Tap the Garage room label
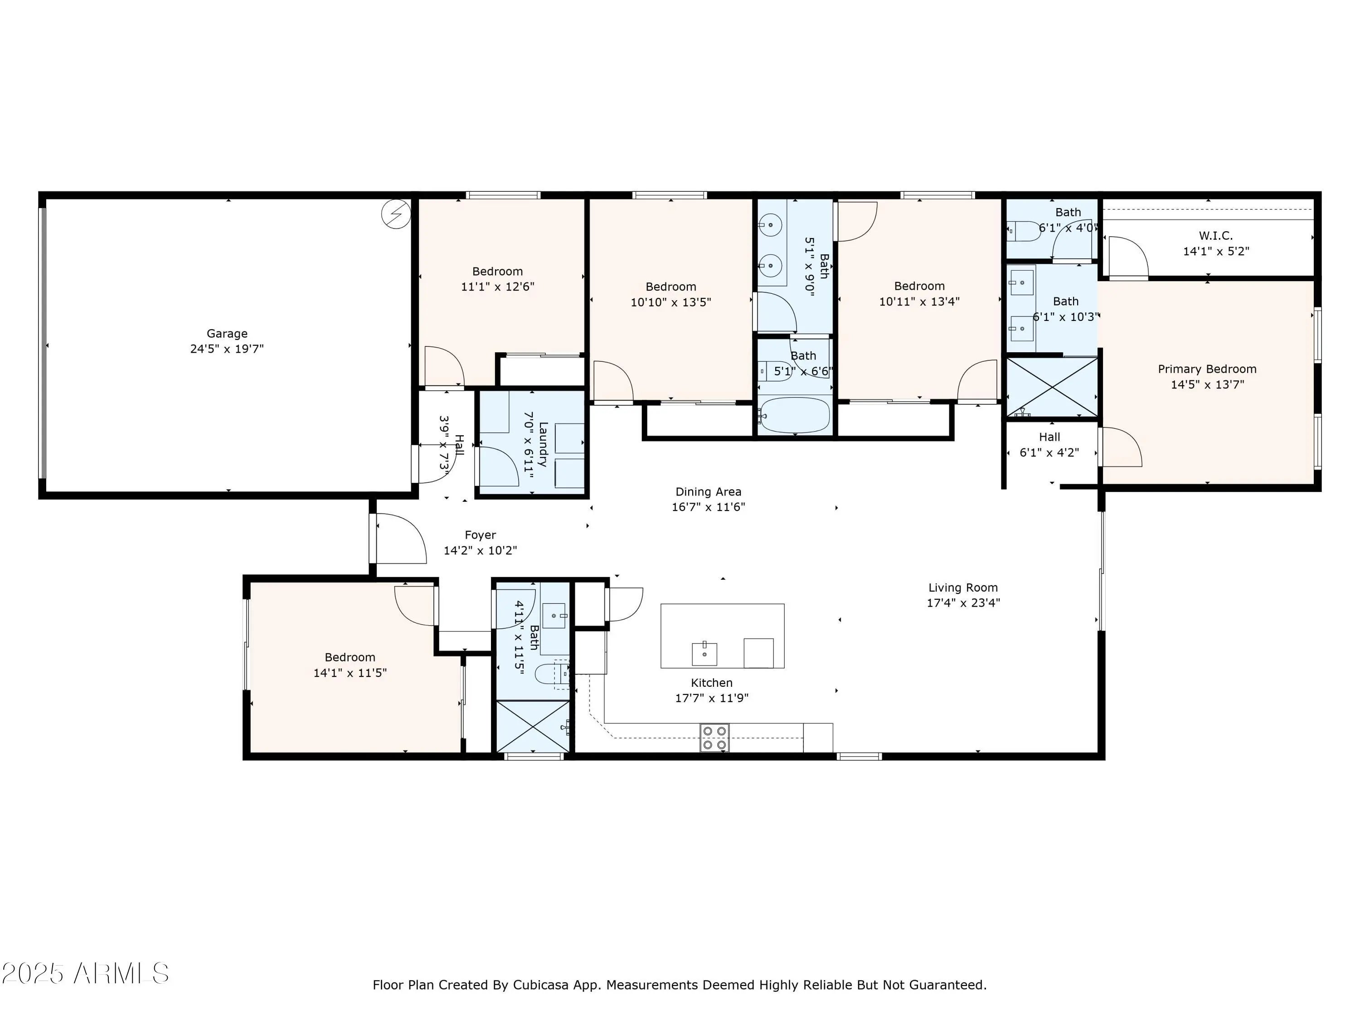pyautogui.click(x=227, y=333)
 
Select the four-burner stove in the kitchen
pyautogui.click(x=714, y=737)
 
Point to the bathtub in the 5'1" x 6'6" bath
pyautogui.click(x=794, y=415)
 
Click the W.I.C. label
pyautogui.click(x=1215, y=235)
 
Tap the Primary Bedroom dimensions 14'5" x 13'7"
pyautogui.click(x=1208, y=385)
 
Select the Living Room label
pyautogui.click(x=963, y=588)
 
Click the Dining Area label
pyautogui.click(x=708, y=492)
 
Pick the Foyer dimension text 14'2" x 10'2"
pyautogui.click(x=480, y=551)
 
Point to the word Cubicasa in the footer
pyautogui.click(x=541, y=985)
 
